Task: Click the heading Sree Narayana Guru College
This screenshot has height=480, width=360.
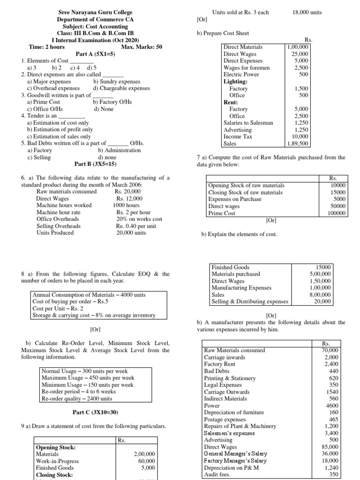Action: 95,12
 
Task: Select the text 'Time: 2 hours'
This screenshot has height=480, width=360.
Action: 47,47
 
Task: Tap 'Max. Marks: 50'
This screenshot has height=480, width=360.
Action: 142,47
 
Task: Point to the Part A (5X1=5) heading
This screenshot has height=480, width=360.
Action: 95,54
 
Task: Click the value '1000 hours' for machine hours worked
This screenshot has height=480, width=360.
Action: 126,205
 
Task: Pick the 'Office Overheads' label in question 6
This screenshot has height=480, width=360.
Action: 58,219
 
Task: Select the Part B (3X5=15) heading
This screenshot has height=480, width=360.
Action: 95,164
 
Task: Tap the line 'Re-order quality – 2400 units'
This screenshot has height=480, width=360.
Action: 77,398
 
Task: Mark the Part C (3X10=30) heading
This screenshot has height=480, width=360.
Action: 95,412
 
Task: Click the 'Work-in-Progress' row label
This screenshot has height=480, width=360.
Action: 57,461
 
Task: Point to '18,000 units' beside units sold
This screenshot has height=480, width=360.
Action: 307,12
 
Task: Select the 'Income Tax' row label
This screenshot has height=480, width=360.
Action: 238,136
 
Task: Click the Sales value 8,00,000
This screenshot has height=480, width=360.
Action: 320,295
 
